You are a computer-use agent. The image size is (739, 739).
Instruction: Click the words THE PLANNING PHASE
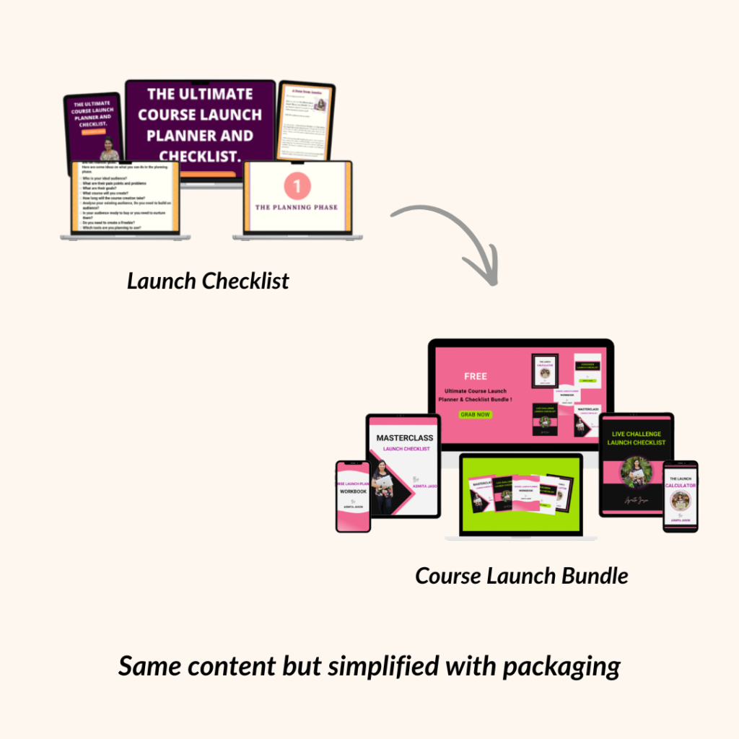click(297, 207)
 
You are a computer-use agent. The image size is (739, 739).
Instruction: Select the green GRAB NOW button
click(476, 414)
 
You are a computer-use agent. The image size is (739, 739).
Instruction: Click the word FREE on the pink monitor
click(476, 376)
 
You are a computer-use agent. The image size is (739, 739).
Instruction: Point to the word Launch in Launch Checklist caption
click(162, 281)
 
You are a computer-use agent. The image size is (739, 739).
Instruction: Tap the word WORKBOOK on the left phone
click(354, 491)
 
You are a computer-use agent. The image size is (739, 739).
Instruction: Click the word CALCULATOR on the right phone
click(681, 486)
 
